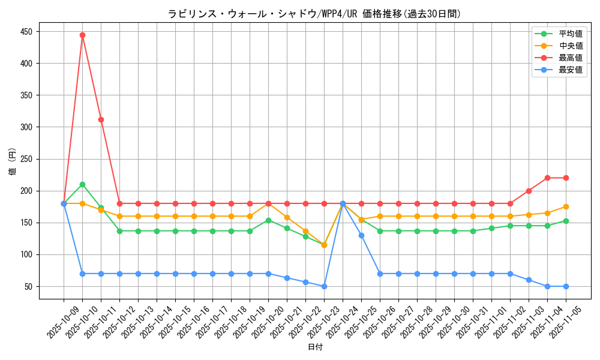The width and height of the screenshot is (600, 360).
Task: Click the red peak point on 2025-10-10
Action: [82, 35]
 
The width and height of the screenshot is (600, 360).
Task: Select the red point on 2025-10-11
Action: [101, 119]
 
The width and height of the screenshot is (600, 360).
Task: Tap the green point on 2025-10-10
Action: [82, 184]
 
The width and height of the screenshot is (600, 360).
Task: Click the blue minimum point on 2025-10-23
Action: [324, 286]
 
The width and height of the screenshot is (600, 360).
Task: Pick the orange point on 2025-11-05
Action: [566, 206]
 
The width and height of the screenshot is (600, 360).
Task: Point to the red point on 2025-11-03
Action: [529, 191]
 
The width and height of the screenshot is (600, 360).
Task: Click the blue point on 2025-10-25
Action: [361, 235]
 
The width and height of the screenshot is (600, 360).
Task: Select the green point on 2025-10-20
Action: [268, 220]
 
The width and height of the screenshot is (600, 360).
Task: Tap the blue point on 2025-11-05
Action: [566, 286]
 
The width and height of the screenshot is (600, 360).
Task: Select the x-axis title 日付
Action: [315, 347]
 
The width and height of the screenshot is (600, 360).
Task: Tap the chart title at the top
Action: [314, 14]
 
